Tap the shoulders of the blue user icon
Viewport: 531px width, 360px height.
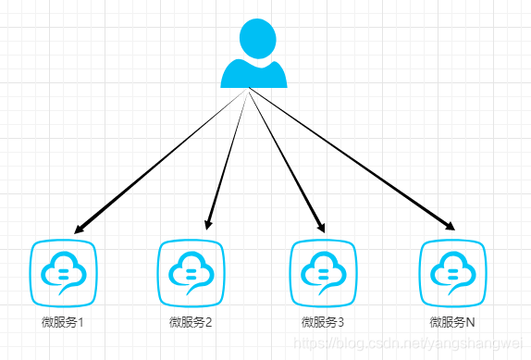tap(254, 76)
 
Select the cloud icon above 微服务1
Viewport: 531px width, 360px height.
tap(63, 273)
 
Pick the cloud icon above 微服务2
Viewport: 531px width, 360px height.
tap(191, 273)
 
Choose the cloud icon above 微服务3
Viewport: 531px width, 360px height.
tap(323, 273)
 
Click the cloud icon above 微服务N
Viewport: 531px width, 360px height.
tap(452, 273)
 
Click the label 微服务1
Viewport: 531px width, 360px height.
tap(62, 322)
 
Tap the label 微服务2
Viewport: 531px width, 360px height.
tap(191, 322)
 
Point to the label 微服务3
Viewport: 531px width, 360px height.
tap(322, 322)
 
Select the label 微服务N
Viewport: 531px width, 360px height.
tap(452, 322)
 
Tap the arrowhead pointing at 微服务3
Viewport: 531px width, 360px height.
tap(322, 226)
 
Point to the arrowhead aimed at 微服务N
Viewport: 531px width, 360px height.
tap(450, 226)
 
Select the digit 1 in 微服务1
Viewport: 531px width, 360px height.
tap(80, 322)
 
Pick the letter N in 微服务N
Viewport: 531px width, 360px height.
tap(470, 322)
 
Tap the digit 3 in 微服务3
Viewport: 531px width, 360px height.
tap(340, 322)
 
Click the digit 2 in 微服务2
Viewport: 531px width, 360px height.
tap(209, 322)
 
